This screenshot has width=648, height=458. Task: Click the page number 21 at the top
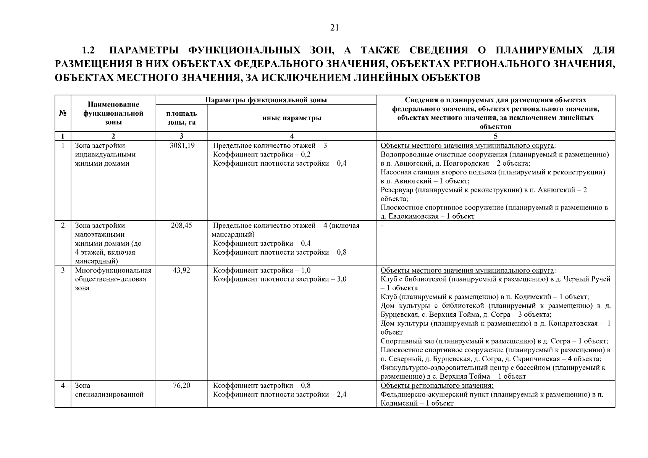[334, 27]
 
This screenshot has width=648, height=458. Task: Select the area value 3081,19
[182, 146]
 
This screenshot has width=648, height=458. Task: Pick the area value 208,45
[181, 226]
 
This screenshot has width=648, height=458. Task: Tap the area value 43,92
[181, 271]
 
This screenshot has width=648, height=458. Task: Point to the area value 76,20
[181, 385]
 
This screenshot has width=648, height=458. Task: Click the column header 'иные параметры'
[292, 118]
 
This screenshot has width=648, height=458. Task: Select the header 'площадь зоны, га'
[181, 118]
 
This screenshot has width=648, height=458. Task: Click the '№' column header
[63, 113]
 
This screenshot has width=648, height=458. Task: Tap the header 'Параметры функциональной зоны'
[266, 100]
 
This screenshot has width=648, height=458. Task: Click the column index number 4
[292, 136]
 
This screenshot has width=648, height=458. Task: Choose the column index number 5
[495, 136]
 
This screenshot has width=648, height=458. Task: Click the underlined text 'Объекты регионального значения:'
[437, 385]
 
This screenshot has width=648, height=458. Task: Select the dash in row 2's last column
[382, 226]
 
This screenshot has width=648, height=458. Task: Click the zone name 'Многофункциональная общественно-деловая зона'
[113, 279]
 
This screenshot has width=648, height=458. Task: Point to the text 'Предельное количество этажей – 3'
[270, 146]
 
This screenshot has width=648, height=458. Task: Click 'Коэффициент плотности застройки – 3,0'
[280, 279]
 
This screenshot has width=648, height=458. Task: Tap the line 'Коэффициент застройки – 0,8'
[262, 385]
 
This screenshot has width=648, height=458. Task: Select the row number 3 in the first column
[63, 271]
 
